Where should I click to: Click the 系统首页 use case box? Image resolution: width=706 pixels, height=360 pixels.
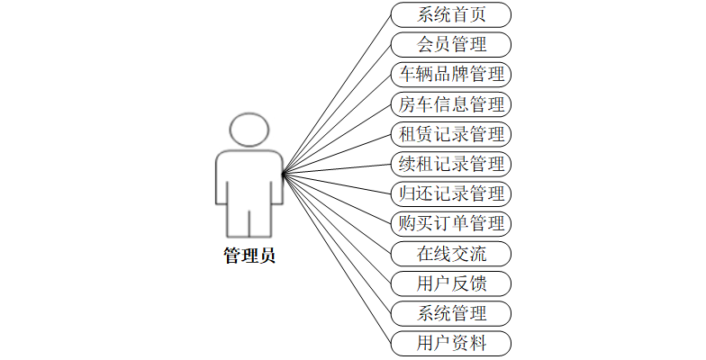(451, 14)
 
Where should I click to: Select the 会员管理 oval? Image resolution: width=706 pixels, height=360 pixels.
(451, 44)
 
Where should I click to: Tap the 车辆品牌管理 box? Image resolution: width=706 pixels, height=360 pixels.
(451, 74)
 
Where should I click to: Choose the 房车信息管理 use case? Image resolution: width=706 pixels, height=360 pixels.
(451, 104)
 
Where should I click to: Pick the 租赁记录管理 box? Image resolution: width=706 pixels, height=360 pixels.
(451, 134)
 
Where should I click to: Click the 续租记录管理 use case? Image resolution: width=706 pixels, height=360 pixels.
(451, 164)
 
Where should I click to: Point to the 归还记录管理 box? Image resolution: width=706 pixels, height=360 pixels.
(451, 193)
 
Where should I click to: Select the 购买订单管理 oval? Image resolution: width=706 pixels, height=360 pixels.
(451, 223)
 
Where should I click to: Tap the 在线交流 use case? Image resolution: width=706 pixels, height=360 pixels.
(451, 254)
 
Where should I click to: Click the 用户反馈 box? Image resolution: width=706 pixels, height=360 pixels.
(451, 283)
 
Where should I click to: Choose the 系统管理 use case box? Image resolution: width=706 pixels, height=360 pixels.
(451, 313)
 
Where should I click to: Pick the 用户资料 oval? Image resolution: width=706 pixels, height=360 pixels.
(451, 343)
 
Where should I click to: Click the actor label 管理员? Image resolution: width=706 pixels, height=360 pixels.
(249, 256)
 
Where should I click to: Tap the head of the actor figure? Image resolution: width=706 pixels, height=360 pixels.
(249, 130)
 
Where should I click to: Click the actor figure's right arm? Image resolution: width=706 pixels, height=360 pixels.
(276, 180)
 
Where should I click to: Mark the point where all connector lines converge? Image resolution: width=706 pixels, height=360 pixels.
(283, 175)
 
